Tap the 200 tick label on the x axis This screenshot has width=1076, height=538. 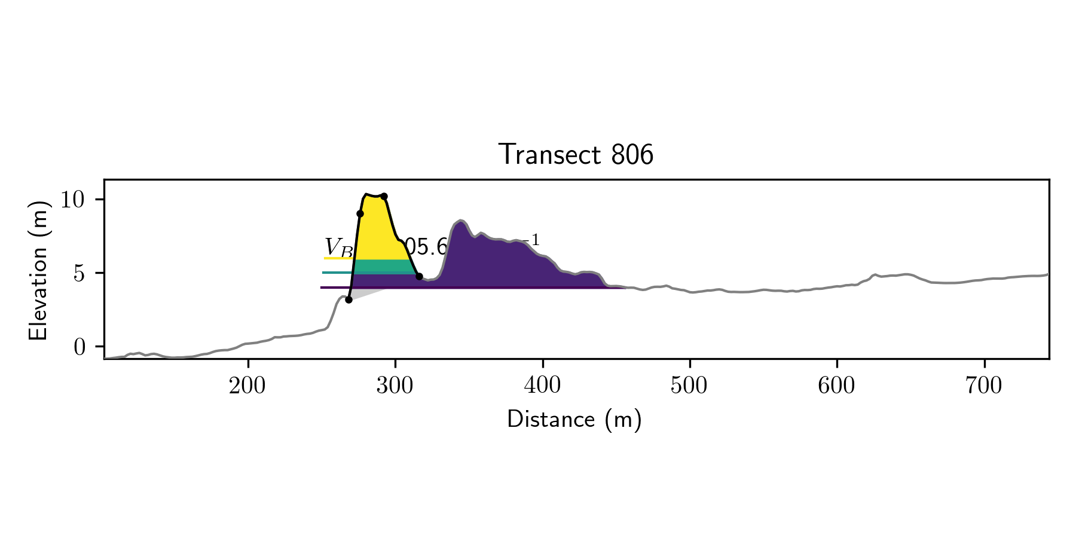[x=247, y=386]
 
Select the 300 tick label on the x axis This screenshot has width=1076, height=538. [x=395, y=386]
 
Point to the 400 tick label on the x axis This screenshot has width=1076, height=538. [x=542, y=386]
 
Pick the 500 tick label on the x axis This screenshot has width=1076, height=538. [x=689, y=386]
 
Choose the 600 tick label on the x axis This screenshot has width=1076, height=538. [x=836, y=386]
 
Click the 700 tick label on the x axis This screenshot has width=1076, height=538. [x=983, y=386]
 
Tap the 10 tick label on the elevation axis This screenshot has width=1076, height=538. [x=74, y=200]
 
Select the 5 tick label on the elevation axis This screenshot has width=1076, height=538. [x=80, y=274]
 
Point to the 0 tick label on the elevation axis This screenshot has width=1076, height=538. [x=80, y=347]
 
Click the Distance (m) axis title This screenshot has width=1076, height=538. [x=574, y=420]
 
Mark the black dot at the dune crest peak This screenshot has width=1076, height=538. [x=384, y=196]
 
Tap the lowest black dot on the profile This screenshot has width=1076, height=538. [x=349, y=299]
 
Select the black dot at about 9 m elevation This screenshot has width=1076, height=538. [x=360, y=213]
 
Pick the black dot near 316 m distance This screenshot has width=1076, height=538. [x=419, y=276]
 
